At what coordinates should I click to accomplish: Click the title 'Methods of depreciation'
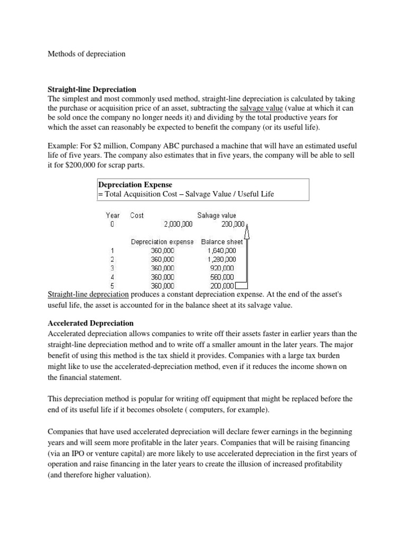87,54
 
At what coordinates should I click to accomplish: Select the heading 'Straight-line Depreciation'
92,89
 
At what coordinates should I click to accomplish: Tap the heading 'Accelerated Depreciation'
90,323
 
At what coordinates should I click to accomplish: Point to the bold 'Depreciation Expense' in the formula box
135,185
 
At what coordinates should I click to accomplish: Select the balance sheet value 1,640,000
222,250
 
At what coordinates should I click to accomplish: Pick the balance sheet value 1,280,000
222,259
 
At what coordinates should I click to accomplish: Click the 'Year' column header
113,215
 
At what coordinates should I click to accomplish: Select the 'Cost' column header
137,215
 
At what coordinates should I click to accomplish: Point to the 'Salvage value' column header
217,215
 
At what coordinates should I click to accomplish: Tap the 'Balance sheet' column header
222,242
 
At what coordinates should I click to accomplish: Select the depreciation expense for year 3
162,268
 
